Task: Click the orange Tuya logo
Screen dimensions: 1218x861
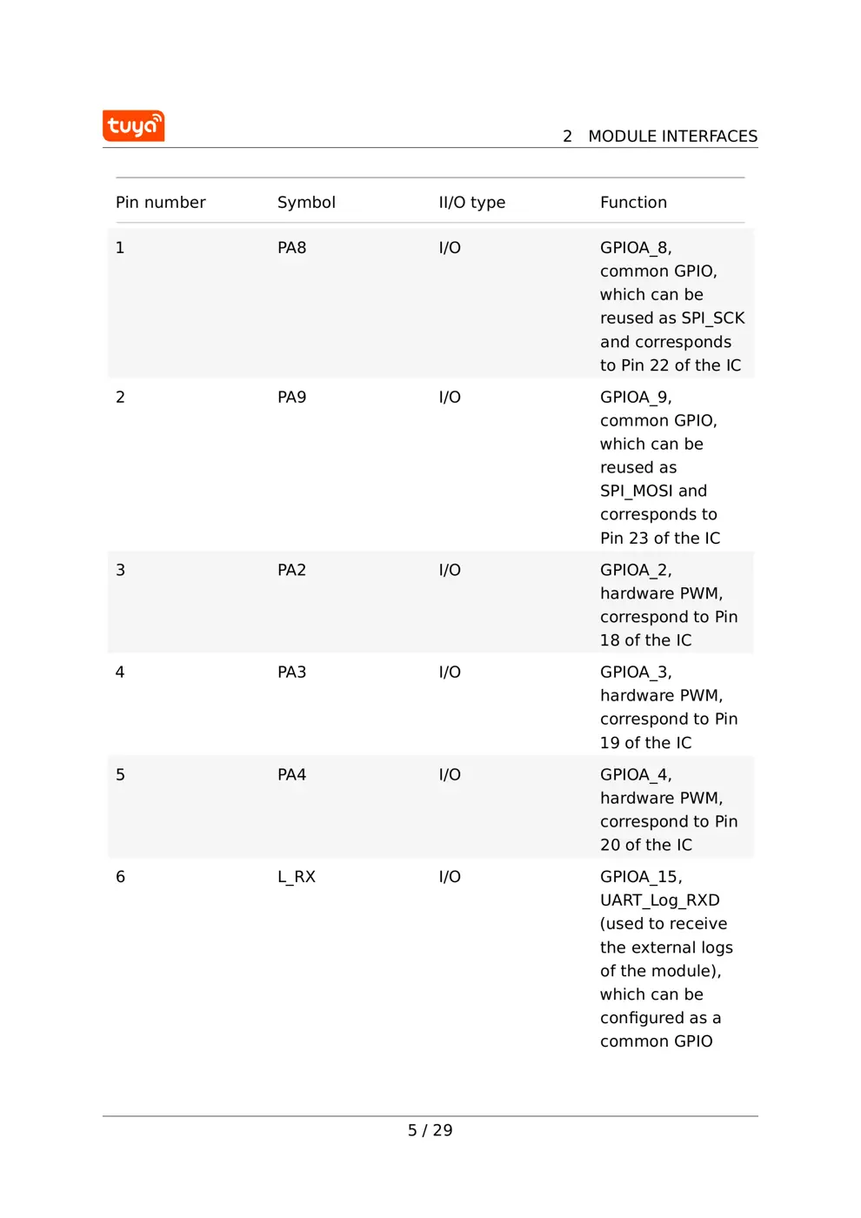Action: [133, 126]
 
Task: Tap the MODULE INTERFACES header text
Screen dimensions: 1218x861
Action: [672, 137]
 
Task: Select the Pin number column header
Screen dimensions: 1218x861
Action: [161, 203]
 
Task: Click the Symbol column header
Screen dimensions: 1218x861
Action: [306, 203]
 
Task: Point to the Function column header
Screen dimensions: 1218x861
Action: [633, 203]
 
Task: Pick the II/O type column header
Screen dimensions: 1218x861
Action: [471, 203]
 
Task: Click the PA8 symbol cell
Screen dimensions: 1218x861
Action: [291, 248]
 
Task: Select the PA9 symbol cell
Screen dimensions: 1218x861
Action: [291, 398]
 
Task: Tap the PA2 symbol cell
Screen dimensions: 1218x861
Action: [291, 571]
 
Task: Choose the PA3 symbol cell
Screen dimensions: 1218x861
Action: [291, 673]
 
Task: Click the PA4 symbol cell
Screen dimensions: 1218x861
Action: [291, 775]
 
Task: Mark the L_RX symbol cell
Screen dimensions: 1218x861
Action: [297, 877]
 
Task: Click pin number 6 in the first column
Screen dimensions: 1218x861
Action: [121, 877]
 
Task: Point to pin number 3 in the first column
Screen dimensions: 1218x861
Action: [121, 571]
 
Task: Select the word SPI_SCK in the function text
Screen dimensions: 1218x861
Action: [713, 318]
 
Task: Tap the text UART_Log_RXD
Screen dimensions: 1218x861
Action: [659, 900]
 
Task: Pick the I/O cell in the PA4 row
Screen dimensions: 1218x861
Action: [450, 775]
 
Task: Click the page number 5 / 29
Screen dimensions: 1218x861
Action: [430, 1131]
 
